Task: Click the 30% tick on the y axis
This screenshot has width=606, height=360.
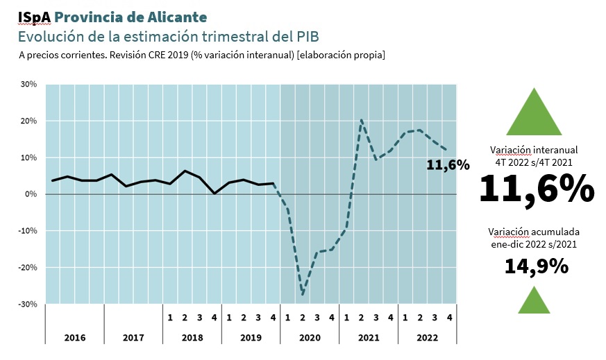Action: (x=28, y=85)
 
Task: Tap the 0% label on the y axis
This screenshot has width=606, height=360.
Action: (x=31, y=195)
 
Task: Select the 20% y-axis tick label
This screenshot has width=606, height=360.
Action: (x=28, y=121)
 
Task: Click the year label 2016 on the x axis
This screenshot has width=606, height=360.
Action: (x=74, y=338)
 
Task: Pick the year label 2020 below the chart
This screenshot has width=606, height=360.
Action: (x=310, y=338)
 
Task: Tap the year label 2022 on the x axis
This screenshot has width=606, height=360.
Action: (x=427, y=338)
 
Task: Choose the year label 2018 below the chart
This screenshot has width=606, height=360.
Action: (x=192, y=338)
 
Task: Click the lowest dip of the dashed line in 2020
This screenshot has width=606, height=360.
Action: (x=303, y=295)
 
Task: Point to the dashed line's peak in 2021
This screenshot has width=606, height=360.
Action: (x=362, y=120)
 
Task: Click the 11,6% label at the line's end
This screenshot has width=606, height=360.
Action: (x=447, y=165)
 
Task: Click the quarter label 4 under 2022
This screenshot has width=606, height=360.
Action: (x=450, y=318)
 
